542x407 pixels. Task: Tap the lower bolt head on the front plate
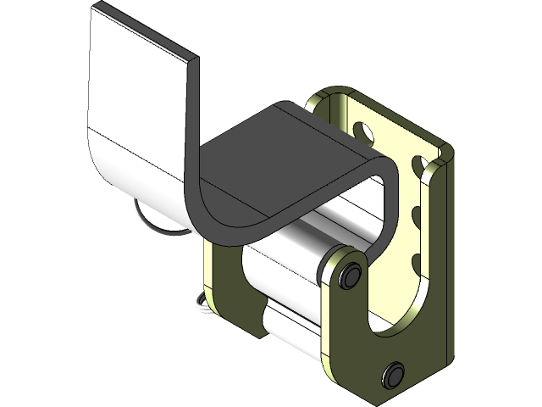click(393, 373)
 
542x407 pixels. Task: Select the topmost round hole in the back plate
click(361, 131)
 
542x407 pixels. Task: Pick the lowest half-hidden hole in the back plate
click(415, 260)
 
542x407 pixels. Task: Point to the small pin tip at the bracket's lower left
click(200, 302)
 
